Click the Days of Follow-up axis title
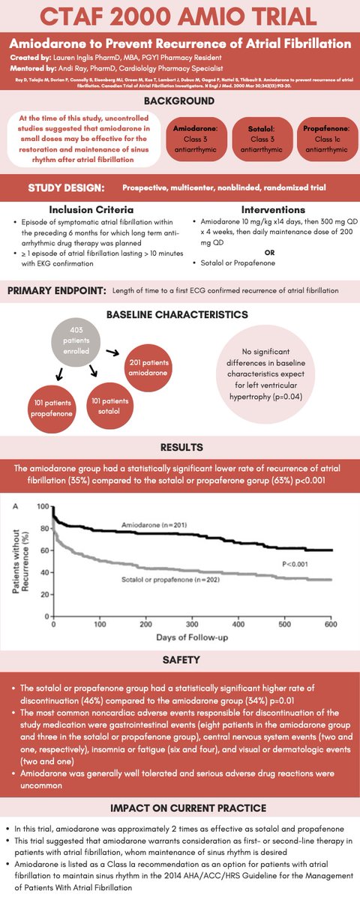point(193,638)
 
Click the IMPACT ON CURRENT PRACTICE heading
point(180,808)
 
